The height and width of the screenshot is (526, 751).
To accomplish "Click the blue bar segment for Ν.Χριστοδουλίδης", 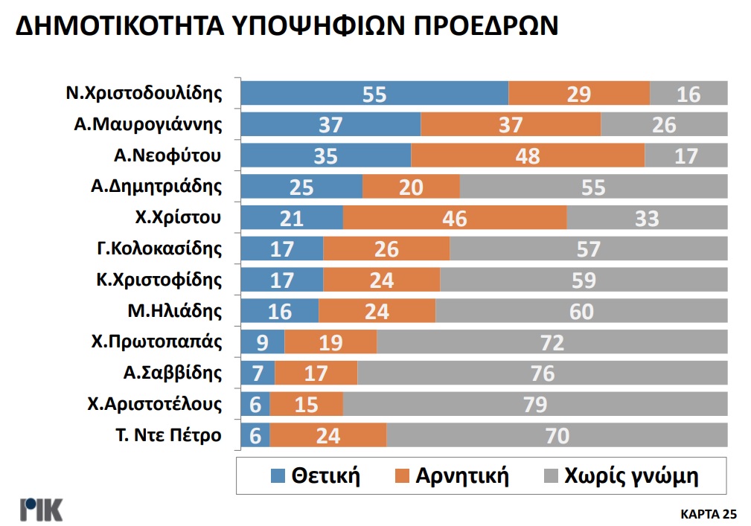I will [374, 94].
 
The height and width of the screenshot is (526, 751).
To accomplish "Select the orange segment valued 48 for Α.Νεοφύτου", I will [527, 156].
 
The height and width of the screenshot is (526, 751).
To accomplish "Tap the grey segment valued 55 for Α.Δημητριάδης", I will [593, 187].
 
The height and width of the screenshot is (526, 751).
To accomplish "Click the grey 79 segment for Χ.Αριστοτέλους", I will [534, 404].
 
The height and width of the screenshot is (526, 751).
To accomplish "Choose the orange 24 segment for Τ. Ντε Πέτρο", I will [327, 435].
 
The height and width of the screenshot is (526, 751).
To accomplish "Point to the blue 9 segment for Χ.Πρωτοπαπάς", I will [263, 342].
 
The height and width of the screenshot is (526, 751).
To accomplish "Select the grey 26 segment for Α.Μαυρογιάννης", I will [663, 125].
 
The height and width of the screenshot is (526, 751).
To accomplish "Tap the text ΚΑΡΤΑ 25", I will [708, 513].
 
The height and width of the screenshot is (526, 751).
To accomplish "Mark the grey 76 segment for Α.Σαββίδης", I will [542, 373].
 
